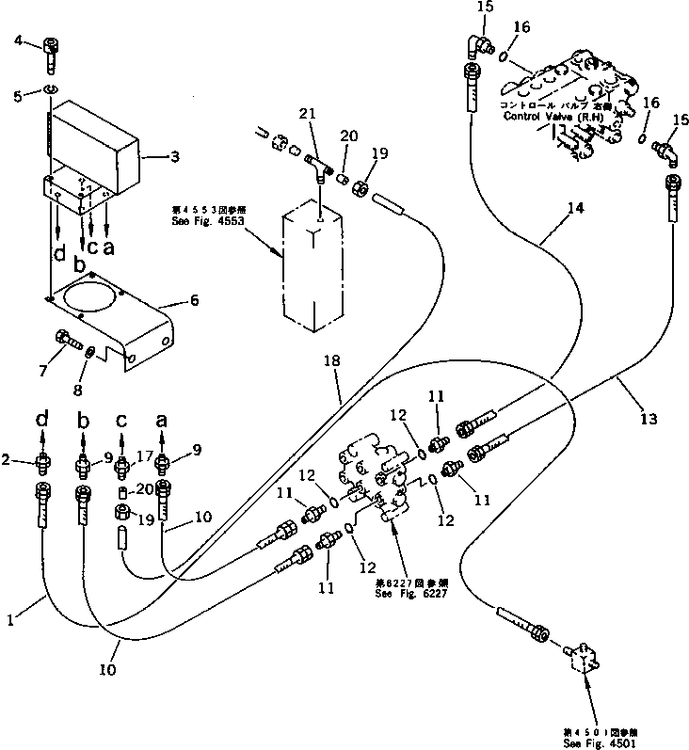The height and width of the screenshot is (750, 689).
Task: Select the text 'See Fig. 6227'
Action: click(403, 594)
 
